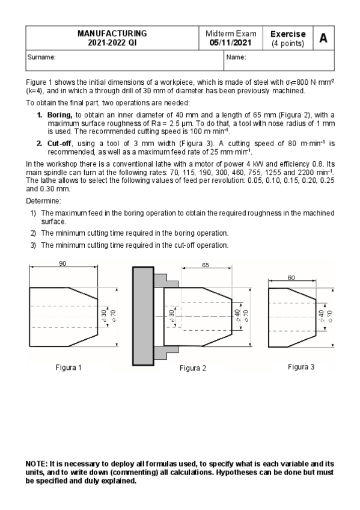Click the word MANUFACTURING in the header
click(112, 34)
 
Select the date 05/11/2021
click(231, 43)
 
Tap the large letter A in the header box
click(323, 38)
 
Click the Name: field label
click(236, 57)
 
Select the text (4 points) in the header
click(288, 43)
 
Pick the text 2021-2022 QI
click(112, 43)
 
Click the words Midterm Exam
click(231, 34)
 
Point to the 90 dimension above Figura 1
click(62, 263)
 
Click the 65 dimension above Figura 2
click(206, 265)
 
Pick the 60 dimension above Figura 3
click(291, 277)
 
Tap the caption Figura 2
click(192, 368)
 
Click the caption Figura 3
click(301, 366)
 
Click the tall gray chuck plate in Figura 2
click(142, 316)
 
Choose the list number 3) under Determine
click(34, 245)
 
